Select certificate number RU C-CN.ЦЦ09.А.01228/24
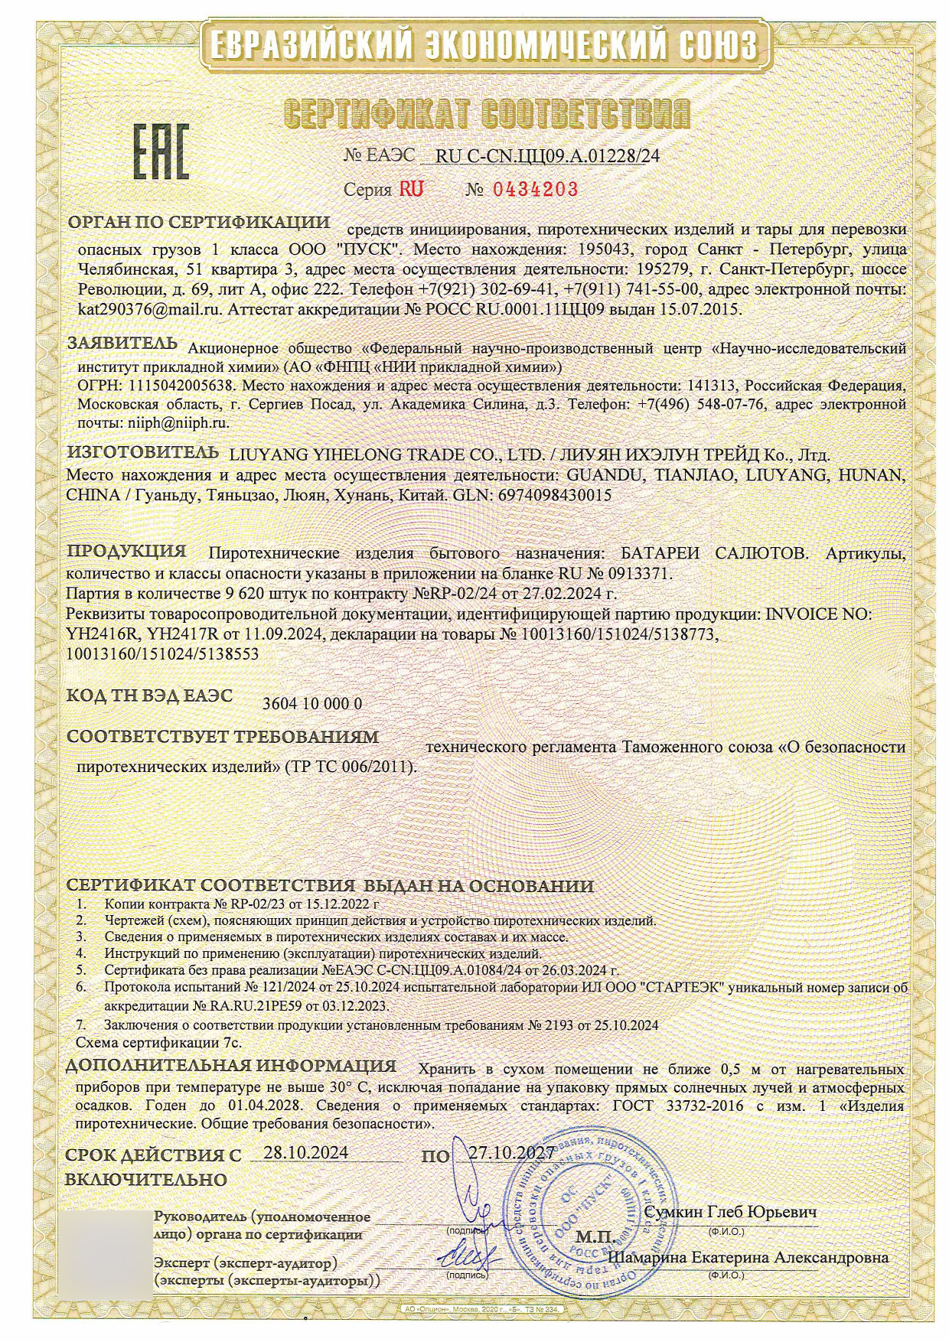[x=546, y=156]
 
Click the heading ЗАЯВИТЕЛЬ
[x=122, y=343]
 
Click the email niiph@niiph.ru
[x=175, y=421]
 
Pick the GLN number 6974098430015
[x=554, y=495]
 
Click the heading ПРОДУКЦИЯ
[x=127, y=550]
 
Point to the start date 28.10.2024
[x=305, y=1152]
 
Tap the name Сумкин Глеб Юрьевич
[x=731, y=1212]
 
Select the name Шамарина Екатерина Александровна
[x=748, y=1257]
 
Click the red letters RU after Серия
[x=411, y=189]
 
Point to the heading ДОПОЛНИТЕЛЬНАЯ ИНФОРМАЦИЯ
[x=231, y=1066]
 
